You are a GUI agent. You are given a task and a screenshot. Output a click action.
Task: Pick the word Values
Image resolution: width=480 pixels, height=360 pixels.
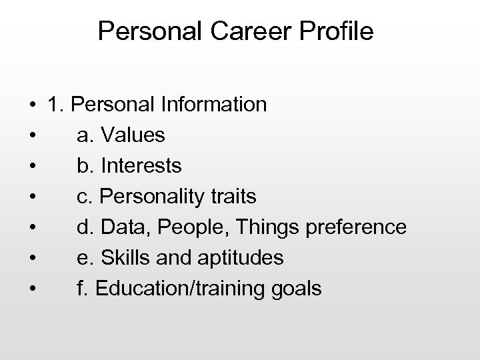tap(133, 135)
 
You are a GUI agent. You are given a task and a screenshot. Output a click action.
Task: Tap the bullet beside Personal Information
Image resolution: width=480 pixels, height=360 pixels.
tap(32, 105)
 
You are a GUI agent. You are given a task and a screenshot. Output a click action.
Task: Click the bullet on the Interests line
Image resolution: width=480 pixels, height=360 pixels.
tap(32, 167)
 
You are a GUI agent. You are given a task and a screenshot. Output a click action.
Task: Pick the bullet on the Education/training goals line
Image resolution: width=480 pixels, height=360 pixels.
tap(32, 289)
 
